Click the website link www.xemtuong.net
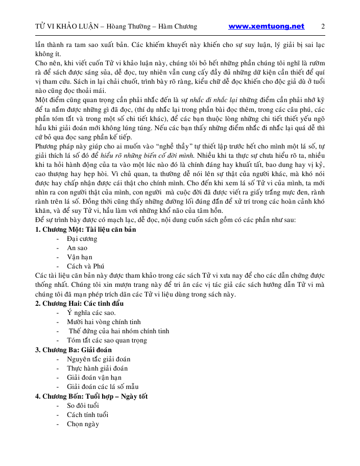tap(266, 27)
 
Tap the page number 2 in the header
tap(323, 27)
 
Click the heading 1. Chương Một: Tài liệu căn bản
tap(85, 229)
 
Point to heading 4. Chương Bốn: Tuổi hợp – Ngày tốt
tap(91, 396)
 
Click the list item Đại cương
tap(82, 238)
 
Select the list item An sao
tap(77, 248)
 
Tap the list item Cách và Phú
tap(85, 266)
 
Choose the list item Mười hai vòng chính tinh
tap(104, 322)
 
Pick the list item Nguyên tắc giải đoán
tap(99, 359)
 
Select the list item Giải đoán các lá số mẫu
tap(103, 386)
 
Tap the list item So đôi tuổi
tap(83, 405)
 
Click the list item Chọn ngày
tap(83, 424)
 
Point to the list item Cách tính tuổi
tap(87, 414)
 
